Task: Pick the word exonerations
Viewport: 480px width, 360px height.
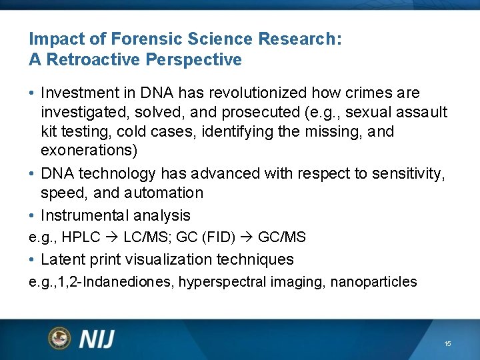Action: click(89, 151)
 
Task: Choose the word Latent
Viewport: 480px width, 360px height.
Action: click(62, 259)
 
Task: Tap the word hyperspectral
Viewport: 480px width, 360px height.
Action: click(225, 282)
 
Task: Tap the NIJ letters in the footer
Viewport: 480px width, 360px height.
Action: click(97, 339)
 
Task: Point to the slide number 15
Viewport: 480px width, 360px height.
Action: click(447, 343)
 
